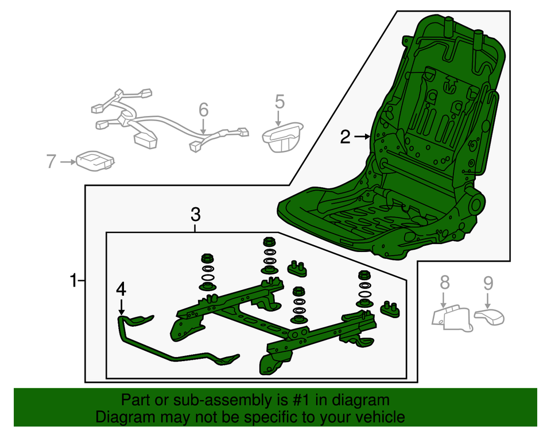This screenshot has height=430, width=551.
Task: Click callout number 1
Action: (73, 281)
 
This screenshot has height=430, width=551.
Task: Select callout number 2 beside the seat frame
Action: (345, 137)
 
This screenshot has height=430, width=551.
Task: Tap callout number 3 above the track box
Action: (195, 215)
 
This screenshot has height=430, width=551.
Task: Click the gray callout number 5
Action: (280, 102)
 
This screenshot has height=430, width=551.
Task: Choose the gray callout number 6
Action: (203, 110)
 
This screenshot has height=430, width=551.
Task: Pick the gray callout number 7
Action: (51, 161)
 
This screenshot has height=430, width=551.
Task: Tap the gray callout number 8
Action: (444, 282)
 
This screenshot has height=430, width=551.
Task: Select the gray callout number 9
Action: (488, 284)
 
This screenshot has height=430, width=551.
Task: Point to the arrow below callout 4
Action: (121, 307)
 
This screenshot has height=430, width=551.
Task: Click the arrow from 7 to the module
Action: (68, 162)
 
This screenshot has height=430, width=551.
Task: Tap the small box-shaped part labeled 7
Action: (96, 161)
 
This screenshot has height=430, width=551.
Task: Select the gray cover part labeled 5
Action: (283, 137)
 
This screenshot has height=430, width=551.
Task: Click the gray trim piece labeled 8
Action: (452, 319)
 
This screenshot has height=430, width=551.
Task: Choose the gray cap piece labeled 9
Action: (490, 316)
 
